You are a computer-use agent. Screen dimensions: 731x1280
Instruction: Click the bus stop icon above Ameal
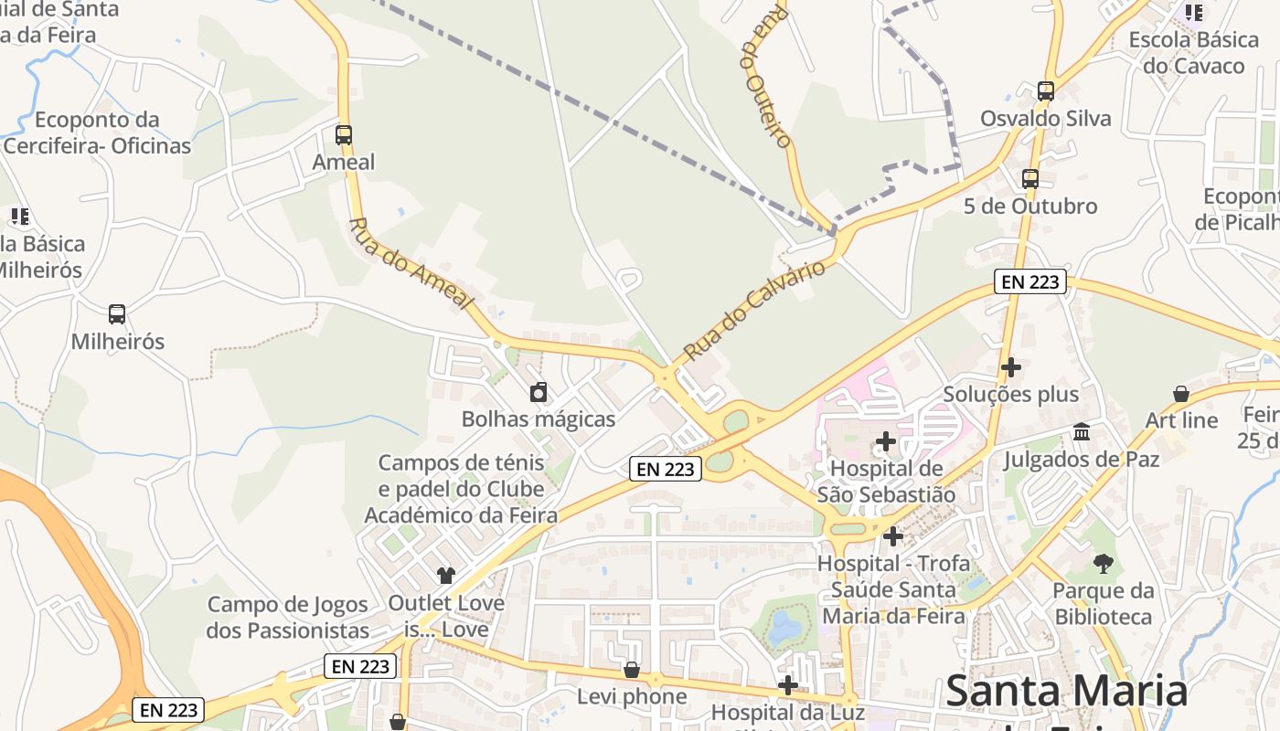click(344, 135)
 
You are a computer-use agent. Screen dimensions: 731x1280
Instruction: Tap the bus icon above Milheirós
click(117, 314)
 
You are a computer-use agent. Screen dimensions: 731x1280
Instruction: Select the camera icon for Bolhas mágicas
click(539, 393)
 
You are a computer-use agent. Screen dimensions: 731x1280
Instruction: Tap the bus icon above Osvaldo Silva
click(1046, 91)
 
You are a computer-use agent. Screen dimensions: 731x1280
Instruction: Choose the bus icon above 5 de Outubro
click(1030, 179)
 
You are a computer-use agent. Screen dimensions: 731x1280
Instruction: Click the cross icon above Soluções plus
click(1011, 367)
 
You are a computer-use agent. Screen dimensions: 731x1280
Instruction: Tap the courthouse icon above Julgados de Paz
click(1082, 431)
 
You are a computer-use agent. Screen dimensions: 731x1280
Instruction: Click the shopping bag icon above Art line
click(1181, 394)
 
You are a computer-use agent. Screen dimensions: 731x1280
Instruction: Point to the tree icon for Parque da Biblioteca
click(1104, 564)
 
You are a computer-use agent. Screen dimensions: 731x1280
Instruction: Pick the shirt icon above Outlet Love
click(446, 576)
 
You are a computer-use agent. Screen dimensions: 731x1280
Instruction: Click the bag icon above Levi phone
click(631, 671)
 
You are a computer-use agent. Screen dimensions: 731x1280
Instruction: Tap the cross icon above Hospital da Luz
click(788, 685)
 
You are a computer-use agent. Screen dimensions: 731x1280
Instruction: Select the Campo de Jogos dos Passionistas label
click(287, 617)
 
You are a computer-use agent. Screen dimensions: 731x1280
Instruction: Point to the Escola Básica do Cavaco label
click(1194, 53)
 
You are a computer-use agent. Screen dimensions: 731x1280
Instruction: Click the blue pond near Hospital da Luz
click(784, 628)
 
